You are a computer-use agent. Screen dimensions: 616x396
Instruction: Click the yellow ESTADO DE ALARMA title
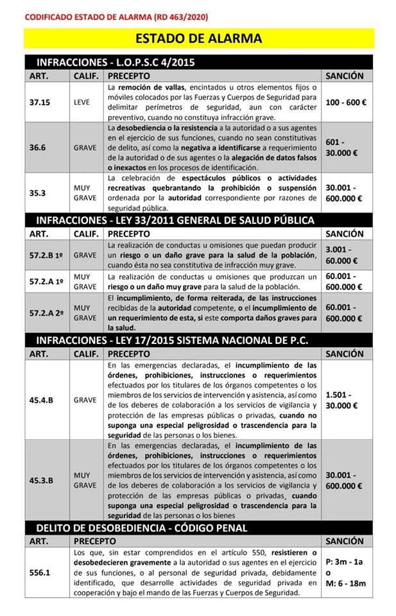click(x=198, y=38)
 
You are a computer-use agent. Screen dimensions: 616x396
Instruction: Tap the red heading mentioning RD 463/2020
click(x=116, y=16)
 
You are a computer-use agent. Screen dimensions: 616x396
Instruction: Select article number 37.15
click(x=40, y=102)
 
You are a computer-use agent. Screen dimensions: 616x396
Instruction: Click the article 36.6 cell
click(x=39, y=146)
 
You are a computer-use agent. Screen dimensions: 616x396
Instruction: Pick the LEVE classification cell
click(x=85, y=102)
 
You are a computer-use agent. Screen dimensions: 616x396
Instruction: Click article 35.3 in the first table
click(x=39, y=193)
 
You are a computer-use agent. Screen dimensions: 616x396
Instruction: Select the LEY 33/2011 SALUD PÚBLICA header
click(x=175, y=220)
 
